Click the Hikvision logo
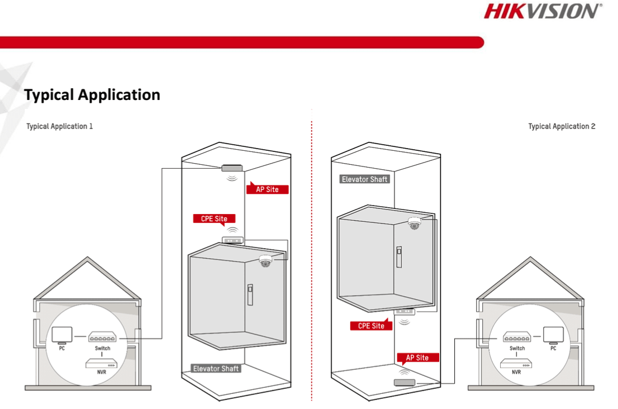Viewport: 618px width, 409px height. point(543,11)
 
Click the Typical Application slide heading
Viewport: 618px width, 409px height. point(92,94)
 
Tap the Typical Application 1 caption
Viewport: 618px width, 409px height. point(60,126)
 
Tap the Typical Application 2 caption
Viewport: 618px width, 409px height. point(562,126)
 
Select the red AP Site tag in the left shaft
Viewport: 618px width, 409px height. point(267,189)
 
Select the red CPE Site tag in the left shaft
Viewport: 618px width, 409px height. point(214,218)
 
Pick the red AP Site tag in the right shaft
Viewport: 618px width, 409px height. point(417,358)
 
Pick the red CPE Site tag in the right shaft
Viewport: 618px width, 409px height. point(371,326)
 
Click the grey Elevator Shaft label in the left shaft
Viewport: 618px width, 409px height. point(216,369)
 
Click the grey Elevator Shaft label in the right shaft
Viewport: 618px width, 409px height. point(364,179)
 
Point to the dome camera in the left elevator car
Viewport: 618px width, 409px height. point(265,261)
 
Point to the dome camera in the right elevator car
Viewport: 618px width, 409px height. point(414,223)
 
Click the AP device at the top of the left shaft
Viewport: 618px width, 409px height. point(232,168)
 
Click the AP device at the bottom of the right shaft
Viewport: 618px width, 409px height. point(405,382)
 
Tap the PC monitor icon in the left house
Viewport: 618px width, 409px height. point(61,335)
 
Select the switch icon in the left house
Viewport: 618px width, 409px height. point(103,337)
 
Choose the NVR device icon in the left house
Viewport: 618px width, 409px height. point(102,364)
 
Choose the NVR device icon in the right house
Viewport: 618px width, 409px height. point(516,364)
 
